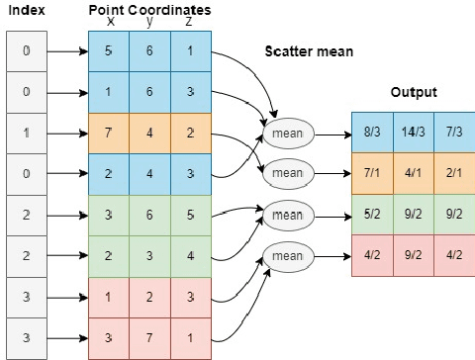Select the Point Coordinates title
(x=148, y=8)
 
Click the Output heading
(x=414, y=93)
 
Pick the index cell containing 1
(x=27, y=131)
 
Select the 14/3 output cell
(x=414, y=131)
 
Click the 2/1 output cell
(x=455, y=173)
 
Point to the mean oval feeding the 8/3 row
(x=287, y=132)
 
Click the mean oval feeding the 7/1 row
(x=287, y=172)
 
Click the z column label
(x=188, y=21)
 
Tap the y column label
(x=149, y=21)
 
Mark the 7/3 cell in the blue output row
(x=455, y=131)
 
